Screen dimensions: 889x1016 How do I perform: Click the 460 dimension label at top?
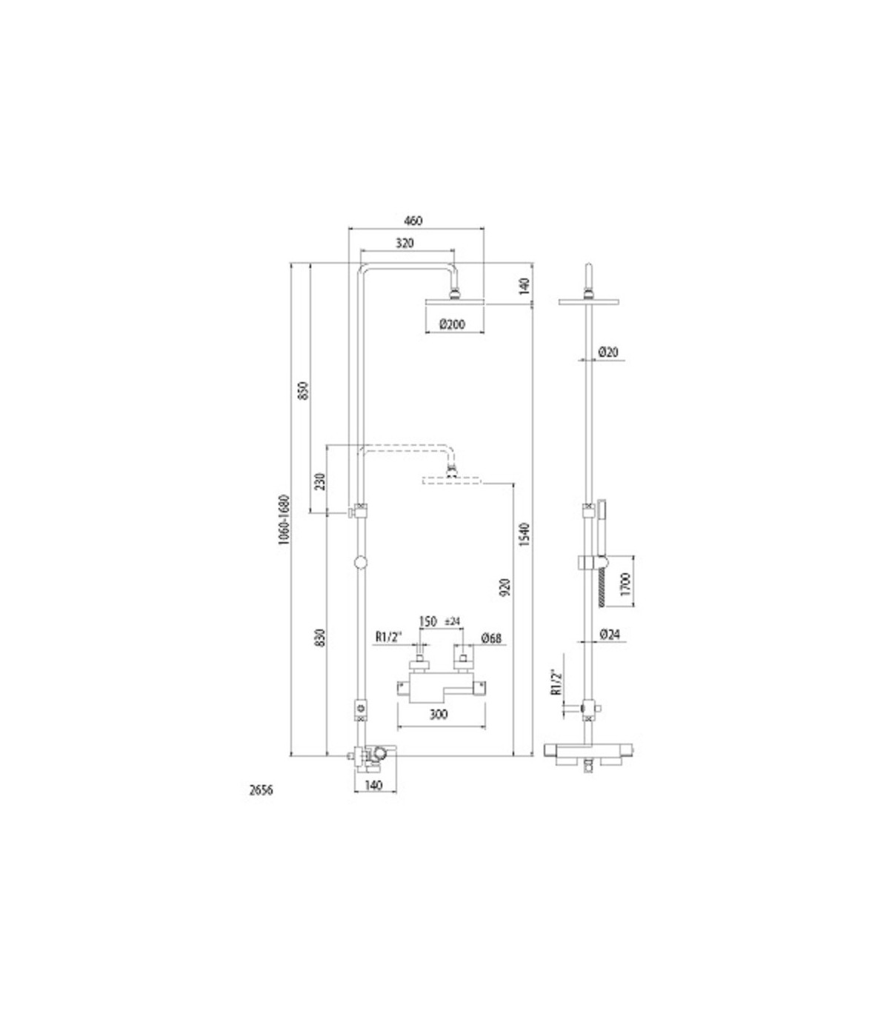click(x=413, y=221)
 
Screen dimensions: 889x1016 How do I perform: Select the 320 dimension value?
click(x=404, y=243)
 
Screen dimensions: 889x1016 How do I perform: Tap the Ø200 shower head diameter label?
click(x=452, y=324)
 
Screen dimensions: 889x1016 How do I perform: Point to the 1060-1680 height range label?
click(x=284, y=521)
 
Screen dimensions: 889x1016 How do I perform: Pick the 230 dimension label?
click(x=321, y=481)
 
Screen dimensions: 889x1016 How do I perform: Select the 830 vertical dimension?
click(x=321, y=638)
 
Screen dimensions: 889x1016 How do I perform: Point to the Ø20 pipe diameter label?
click(x=608, y=352)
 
